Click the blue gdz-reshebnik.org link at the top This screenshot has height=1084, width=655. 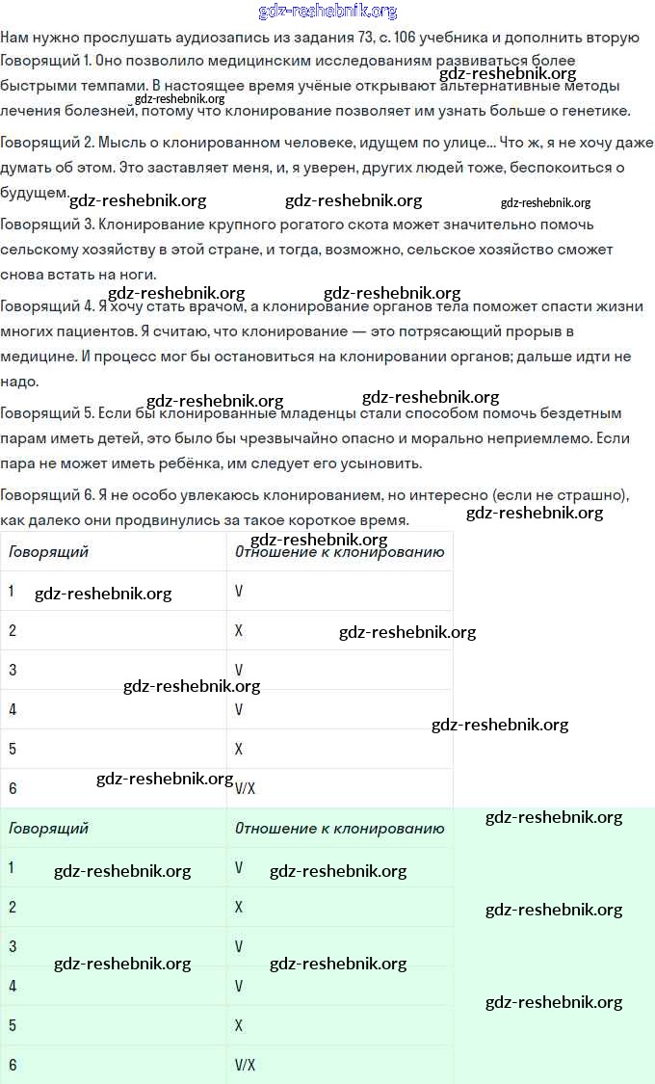[x=327, y=12]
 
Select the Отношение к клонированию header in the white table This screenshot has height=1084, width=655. [x=339, y=552]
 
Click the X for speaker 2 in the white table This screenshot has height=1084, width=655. [x=239, y=630]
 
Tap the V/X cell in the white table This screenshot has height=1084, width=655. [x=245, y=788]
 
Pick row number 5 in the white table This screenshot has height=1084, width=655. [x=13, y=749]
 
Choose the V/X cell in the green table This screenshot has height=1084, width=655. [x=245, y=1065]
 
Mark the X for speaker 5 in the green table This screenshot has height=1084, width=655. [x=239, y=1025]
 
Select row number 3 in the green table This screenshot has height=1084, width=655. [x=13, y=946]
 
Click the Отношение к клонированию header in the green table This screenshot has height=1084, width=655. [x=339, y=829]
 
